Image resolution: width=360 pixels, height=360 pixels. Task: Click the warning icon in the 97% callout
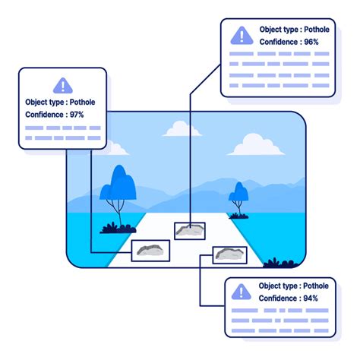(62, 86)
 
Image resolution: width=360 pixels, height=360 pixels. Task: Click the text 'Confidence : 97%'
(55, 114)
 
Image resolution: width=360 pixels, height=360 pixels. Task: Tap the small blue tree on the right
(239, 194)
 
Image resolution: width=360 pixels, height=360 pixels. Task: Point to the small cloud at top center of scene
(183, 130)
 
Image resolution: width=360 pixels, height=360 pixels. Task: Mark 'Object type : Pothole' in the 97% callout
(62, 101)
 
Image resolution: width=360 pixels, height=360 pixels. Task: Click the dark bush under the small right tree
(240, 215)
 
